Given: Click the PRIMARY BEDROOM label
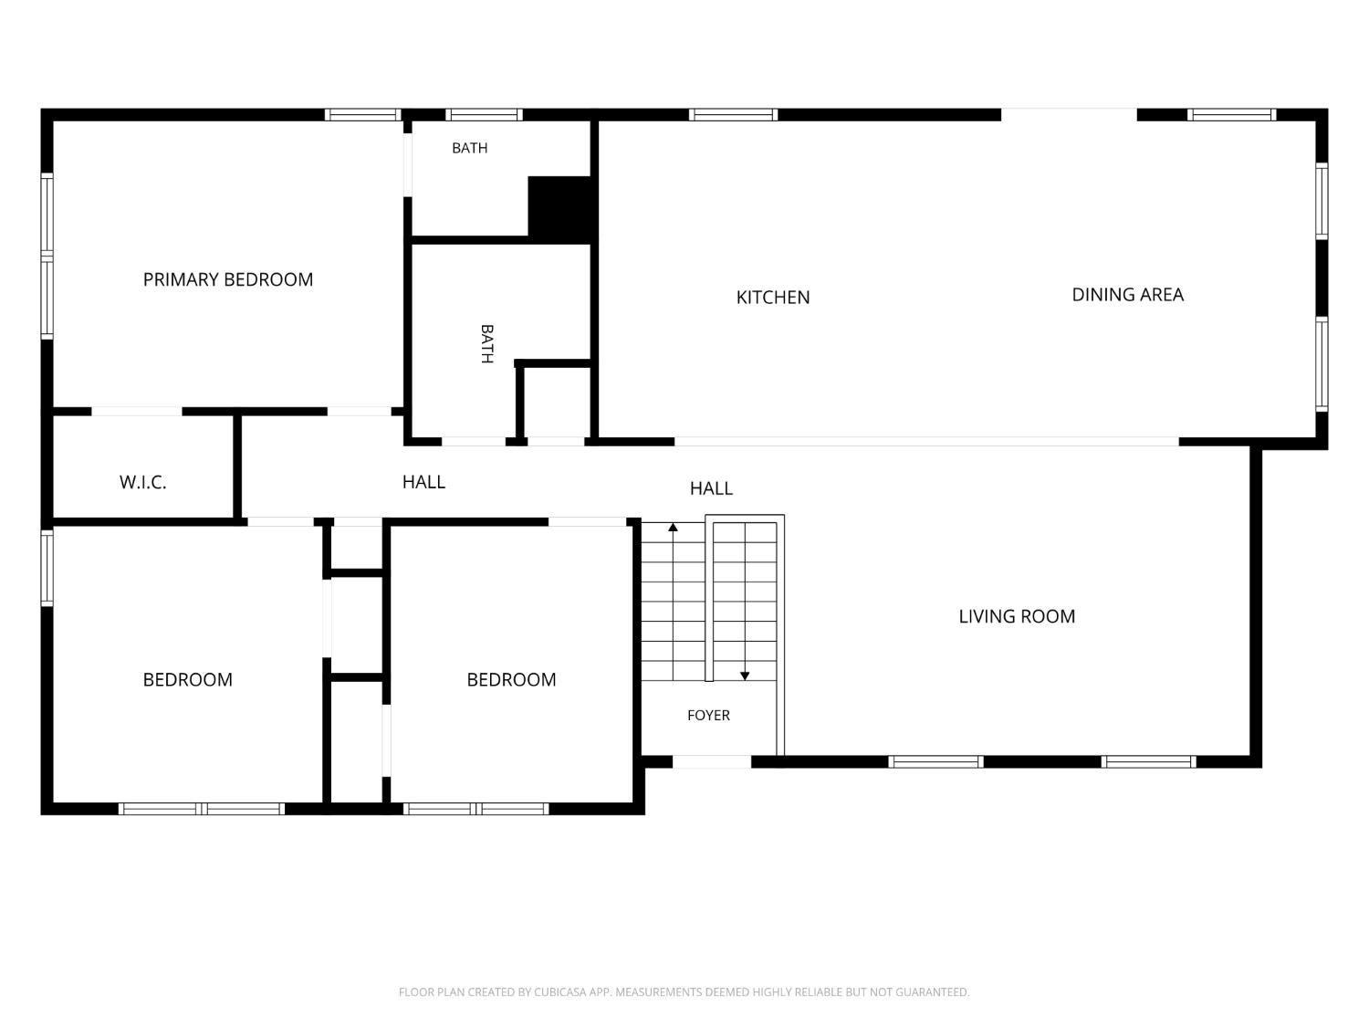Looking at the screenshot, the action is [x=227, y=279].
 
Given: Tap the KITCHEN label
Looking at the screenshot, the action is [x=773, y=298].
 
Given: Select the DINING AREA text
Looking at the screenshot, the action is [x=1128, y=294].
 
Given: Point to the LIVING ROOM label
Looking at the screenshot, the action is [x=1017, y=617].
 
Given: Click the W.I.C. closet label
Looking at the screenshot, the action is [x=142, y=482].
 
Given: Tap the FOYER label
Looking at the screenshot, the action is [x=708, y=715].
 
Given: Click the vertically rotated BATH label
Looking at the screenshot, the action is [x=487, y=343].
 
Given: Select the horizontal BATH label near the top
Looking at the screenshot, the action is [x=470, y=148].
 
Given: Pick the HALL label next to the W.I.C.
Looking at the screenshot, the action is [x=423, y=482].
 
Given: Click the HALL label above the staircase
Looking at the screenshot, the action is [x=711, y=488].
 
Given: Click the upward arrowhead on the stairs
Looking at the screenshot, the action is [x=673, y=528].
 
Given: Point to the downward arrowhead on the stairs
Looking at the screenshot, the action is [x=745, y=676].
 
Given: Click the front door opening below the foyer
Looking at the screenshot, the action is [x=712, y=761].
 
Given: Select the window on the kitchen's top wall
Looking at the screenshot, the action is [x=733, y=115].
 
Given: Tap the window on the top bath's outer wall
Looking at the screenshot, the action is [x=484, y=115].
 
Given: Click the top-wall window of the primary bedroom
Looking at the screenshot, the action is [x=363, y=115].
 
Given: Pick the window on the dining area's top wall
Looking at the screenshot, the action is [x=1232, y=115].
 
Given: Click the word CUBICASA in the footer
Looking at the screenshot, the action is [x=559, y=992].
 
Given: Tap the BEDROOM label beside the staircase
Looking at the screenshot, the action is [x=511, y=680].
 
